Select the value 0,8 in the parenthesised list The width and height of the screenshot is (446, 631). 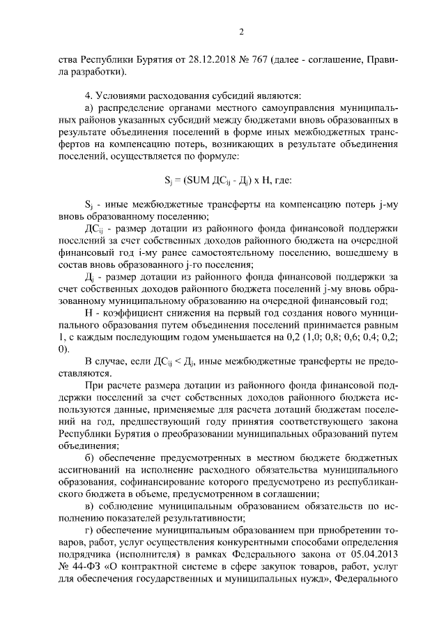click(x=323, y=335)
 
